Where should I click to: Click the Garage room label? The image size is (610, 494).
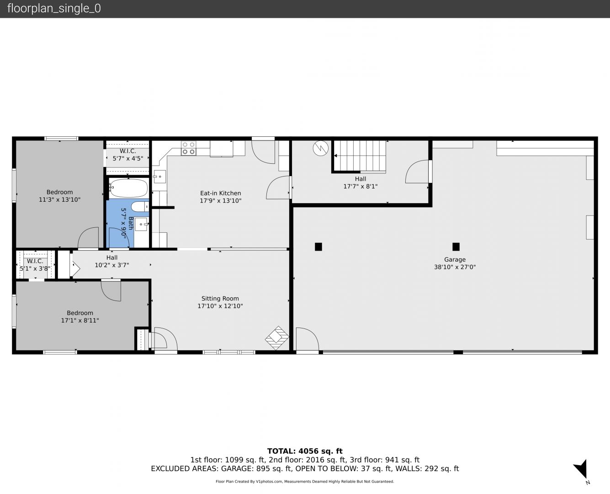[x=455, y=259]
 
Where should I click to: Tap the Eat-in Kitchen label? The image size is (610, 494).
[x=221, y=193]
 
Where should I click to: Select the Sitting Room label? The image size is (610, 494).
[x=220, y=299]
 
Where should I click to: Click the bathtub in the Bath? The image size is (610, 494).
[x=128, y=188]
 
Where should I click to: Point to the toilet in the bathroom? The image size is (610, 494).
[x=140, y=206]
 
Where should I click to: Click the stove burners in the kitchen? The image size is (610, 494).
[x=189, y=148]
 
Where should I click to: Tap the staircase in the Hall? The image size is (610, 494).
[x=360, y=156]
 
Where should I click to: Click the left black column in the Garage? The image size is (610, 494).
[x=318, y=247]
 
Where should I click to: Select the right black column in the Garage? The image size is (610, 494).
[x=456, y=247]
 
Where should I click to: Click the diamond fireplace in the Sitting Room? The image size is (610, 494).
[x=277, y=338]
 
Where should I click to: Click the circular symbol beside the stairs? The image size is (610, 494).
[x=321, y=148]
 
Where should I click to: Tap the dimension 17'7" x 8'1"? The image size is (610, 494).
[x=361, y=186]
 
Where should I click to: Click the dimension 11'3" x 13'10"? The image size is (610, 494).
[x=59, y=199]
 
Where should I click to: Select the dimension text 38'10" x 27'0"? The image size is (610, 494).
[x=455, y=267]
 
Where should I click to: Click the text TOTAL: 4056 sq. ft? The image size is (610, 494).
[x=305, y=451]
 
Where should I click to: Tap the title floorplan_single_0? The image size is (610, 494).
[x=54, y=8]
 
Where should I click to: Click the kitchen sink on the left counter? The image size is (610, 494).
[x=159, y=177]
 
